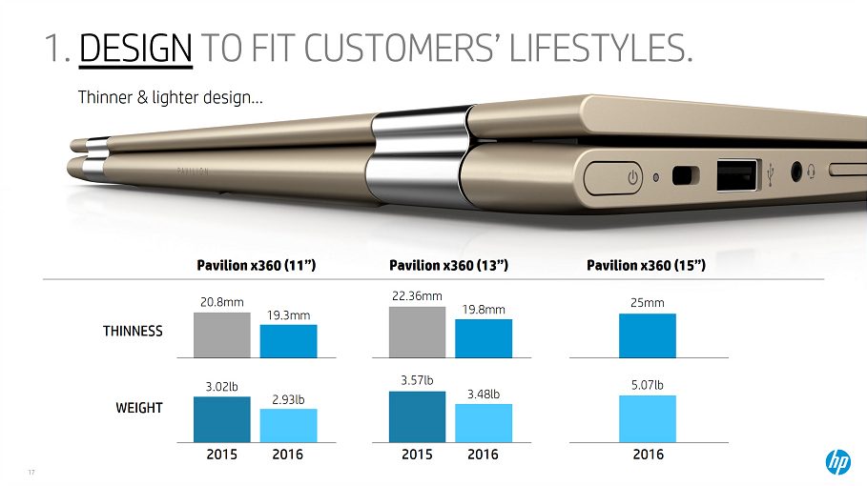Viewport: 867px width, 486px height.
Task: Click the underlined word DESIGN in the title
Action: click(x=136, y=49)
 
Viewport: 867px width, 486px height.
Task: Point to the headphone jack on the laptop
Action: click(x=797, y=172)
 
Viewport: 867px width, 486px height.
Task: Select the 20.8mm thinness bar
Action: click(x=221, y=334)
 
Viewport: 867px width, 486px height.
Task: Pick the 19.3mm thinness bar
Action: click(x=288, y=341)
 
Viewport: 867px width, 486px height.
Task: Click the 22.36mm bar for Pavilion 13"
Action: click(x=417, y=332)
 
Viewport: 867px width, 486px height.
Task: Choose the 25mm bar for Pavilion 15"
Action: click(x=647, y=335)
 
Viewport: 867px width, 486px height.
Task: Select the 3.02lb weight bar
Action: click(x=221, y=419)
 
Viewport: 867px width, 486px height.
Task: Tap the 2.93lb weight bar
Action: click(x=288, y=425)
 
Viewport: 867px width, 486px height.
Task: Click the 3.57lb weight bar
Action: click(x=417, y=416)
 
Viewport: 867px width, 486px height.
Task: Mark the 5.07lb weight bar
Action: click(x=647, y=418)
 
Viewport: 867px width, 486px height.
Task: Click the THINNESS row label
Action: click(x=133, y=332)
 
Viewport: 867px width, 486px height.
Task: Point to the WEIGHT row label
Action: click(x=139, y=408)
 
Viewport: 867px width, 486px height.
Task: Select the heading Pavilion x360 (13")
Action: click(x=448, y=266)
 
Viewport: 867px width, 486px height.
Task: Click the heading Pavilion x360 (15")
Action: click(x=646, y=266)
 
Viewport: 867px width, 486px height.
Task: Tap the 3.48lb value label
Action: click(x=484, y=393)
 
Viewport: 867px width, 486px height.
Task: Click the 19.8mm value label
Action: click(x=483, y=309)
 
